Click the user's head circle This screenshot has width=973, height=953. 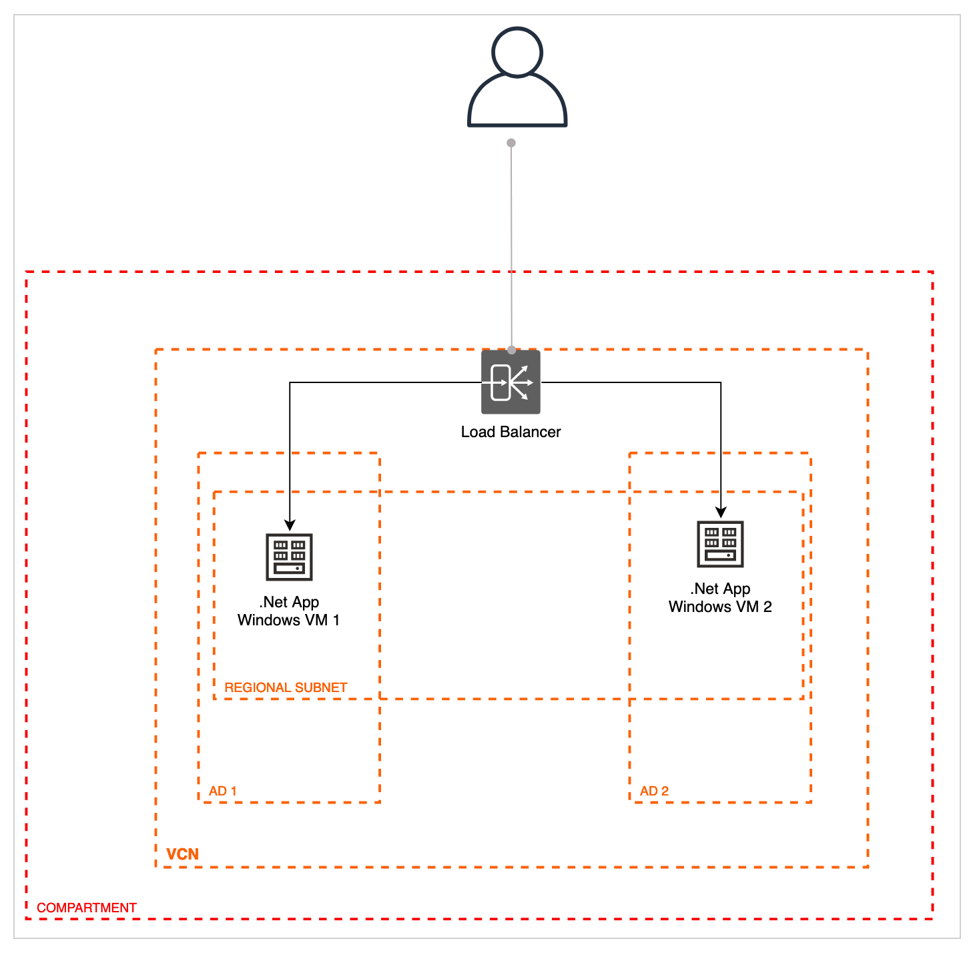click(517, 51)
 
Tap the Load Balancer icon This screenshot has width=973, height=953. click(511, 382)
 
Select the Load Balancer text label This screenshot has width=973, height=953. click(511, 432)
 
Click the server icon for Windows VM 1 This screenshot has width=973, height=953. click(289, 557)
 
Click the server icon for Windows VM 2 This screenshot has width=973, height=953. click(720, 543)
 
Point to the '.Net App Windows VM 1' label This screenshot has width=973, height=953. click(289, 611)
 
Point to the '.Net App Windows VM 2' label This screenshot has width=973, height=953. click(720, 597)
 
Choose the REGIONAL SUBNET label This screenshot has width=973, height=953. click(286, 687)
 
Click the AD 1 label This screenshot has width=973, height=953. click(222, 791)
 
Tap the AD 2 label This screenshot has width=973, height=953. click(654, 791)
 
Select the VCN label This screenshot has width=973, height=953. click(182, 854)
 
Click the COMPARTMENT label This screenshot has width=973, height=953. click(87, 908)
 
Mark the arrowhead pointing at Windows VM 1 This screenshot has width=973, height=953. click(290, 525)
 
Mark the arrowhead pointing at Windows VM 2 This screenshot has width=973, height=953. click(721, 513)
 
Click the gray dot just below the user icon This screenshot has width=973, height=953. click(511, 143)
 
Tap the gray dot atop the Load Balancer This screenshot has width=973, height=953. click(511, 350)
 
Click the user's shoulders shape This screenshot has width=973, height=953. click(517, 103)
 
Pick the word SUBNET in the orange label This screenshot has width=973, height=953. click(324, 687)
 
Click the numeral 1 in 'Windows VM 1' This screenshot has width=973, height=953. click(336, 620)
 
